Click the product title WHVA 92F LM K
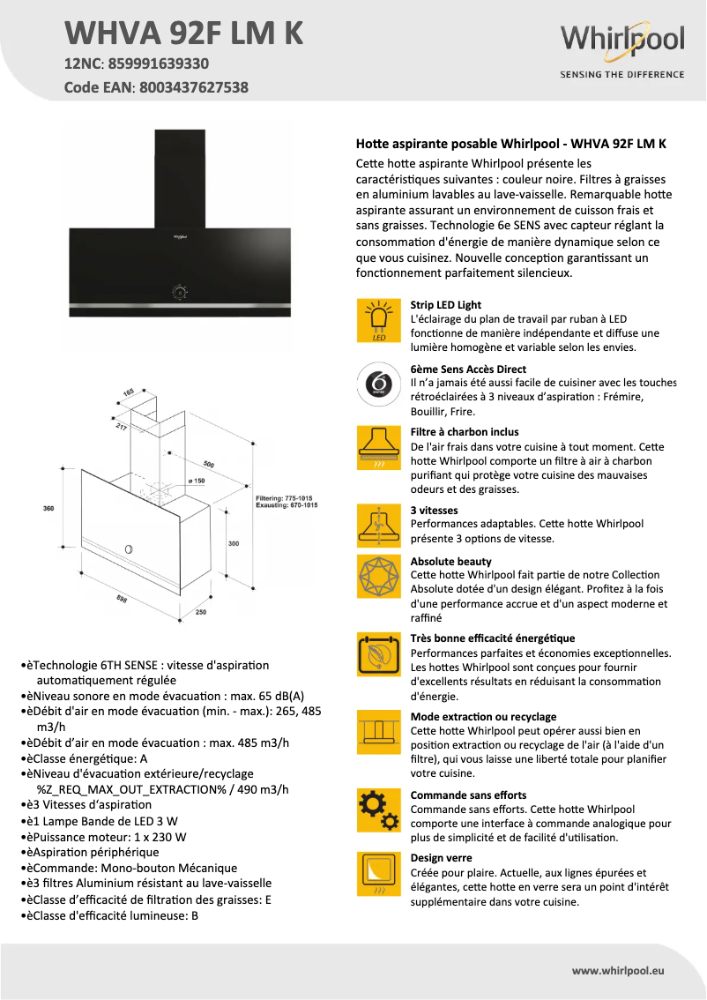point(184,33)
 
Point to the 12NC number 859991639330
point(158,63)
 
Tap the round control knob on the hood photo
point(179,291)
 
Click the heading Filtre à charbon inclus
point(465,432)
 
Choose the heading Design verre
point(441,858)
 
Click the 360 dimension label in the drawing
point(48,509)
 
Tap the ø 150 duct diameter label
point(196,481)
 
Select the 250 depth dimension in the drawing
point(200,612)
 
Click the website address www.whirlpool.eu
point(618,970)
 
